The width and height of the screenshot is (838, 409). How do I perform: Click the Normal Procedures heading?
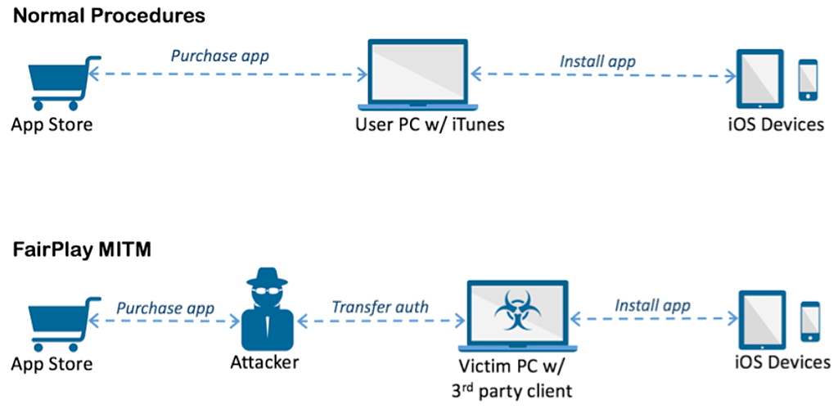(108, 16)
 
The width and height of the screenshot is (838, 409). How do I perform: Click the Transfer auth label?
(380, 308)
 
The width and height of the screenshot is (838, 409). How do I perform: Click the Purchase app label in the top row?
(219, 56)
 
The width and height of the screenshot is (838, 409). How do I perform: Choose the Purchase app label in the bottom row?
(165, 308)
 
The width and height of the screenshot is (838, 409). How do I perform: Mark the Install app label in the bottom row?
(652, 305)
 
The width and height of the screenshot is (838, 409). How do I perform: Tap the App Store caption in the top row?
(52, 125)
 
